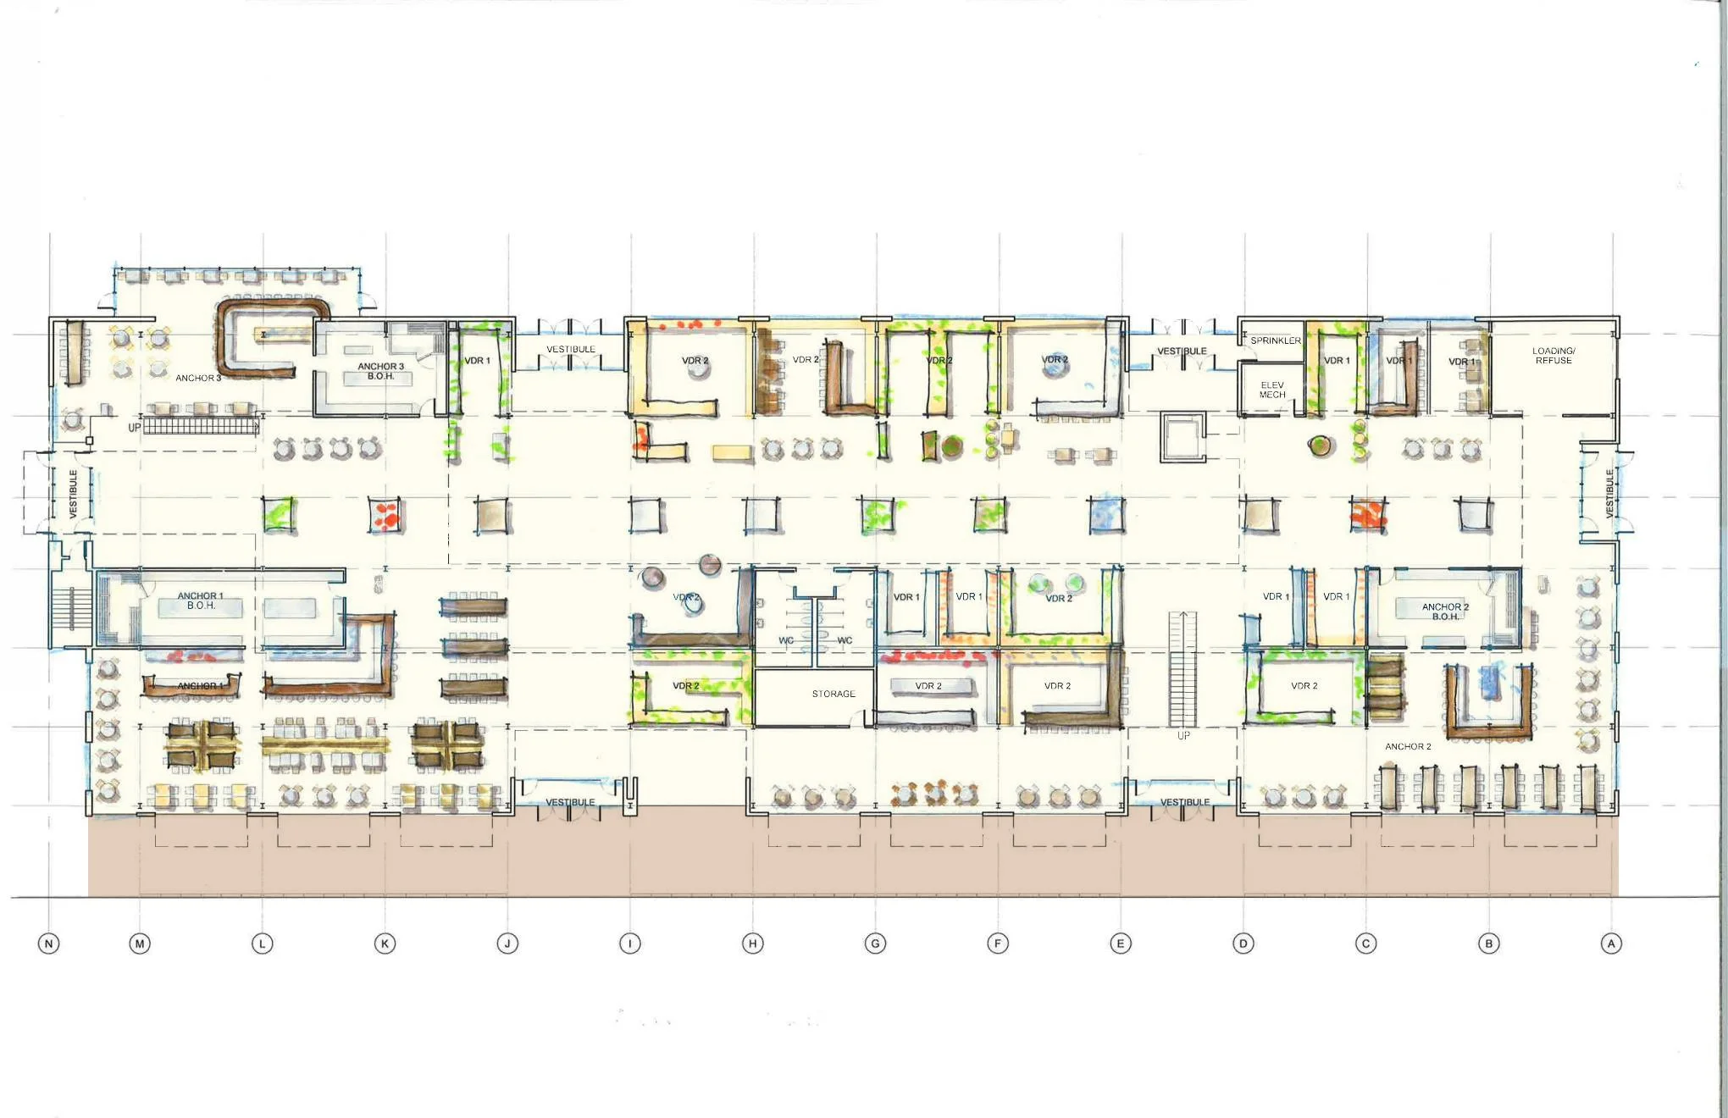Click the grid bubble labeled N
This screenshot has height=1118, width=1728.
[x=49, y=944]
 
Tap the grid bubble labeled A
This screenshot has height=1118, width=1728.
[x=1611, y=944]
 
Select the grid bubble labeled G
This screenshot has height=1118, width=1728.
[x=875, y=944]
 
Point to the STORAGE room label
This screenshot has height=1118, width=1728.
[x=834, y=694]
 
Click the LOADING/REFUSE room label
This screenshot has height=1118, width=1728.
[x=1554, y=356]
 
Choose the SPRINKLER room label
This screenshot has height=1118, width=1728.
[x=1276, y=340]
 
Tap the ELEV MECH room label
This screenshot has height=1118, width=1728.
[x=1272, y=390]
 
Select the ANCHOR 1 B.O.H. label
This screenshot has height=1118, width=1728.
[x=201, y=601]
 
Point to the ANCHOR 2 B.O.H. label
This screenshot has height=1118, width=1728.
[x=1445, y=612]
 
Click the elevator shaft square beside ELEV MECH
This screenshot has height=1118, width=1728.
[x=1182, y=436]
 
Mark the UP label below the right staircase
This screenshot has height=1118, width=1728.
[x=1183, y=736]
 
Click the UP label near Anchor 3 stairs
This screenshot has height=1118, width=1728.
[x=134, y=428]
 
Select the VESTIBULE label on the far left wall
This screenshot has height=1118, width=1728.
[x=73, y=494]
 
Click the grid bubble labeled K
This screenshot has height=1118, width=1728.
[x=385, y=944]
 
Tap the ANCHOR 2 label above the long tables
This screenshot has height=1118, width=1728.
[x=1408, y=746]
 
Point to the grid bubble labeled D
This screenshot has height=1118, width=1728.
[x=1243, y=944]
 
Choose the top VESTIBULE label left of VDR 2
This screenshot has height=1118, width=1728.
[x=570, y=349]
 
